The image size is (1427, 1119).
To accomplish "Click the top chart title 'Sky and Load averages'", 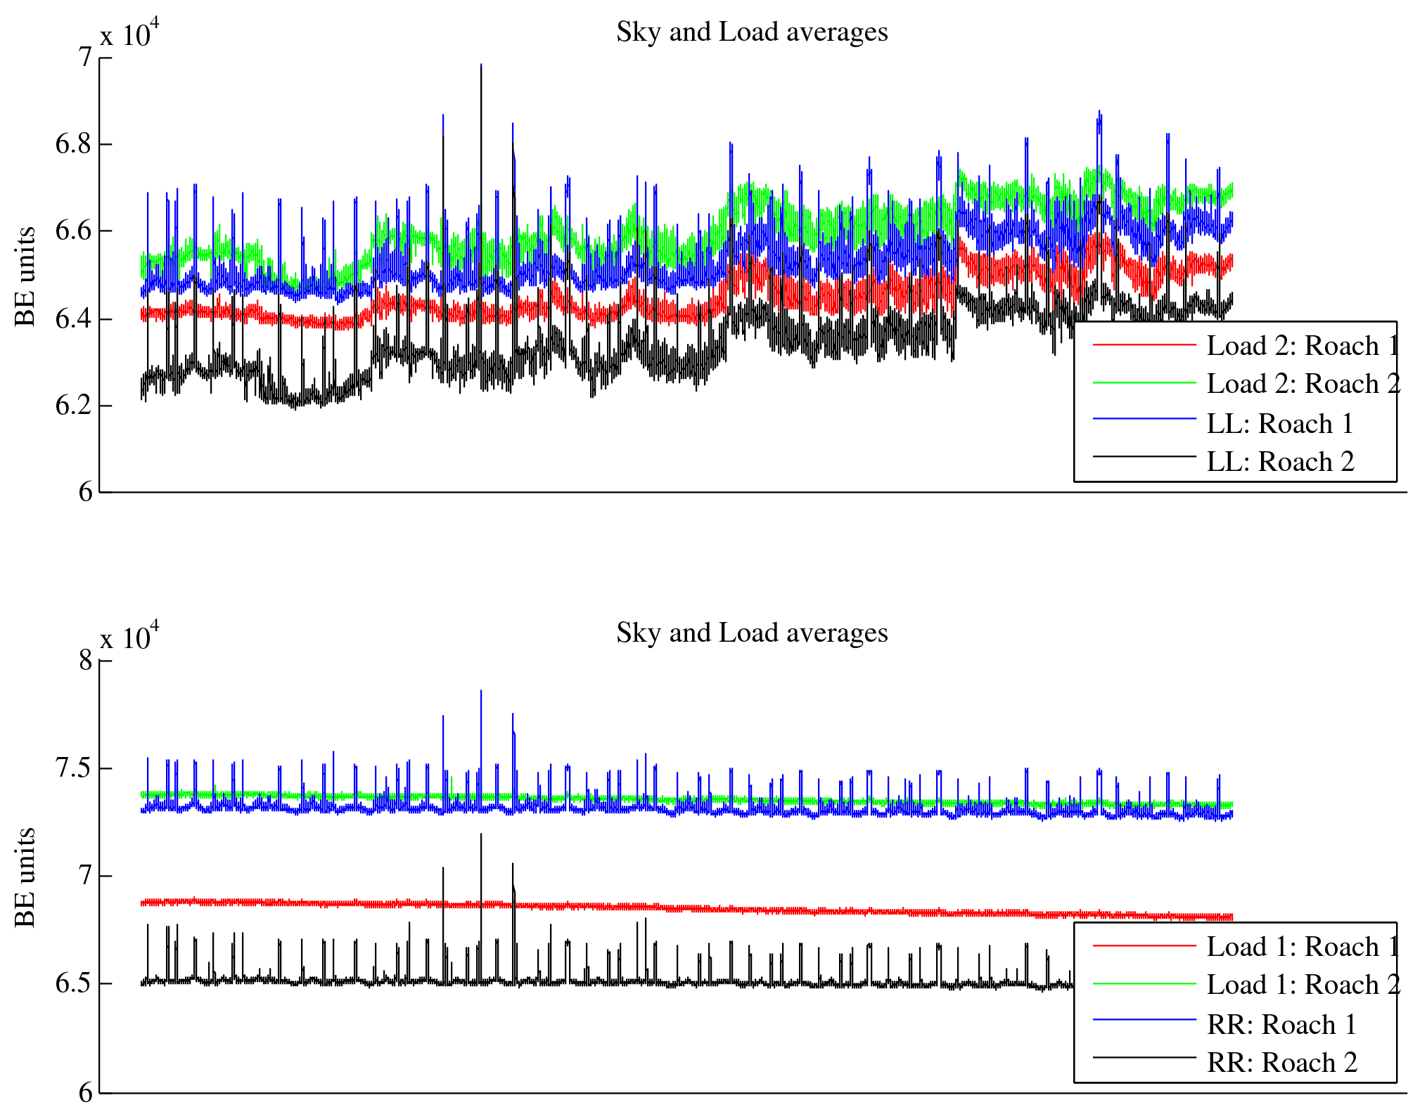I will coord(752,32).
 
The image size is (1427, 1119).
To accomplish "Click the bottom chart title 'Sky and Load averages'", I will coord(752,633).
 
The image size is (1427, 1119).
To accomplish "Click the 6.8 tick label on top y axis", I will coord(74,145).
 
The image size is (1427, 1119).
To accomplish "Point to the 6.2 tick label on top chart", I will coord(74,406).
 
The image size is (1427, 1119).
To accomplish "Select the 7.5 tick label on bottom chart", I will coord(74,768).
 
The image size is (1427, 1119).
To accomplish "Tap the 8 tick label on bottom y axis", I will coord(85,661).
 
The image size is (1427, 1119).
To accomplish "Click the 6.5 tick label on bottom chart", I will coord(74,983).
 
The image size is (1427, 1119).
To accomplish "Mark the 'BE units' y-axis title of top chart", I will coord(25,276).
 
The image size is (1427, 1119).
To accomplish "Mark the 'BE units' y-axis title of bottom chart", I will coord(25,877).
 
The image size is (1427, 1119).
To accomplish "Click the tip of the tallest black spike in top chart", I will coord(481,65).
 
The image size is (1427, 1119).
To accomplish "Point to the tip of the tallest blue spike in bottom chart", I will coord(481,691).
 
